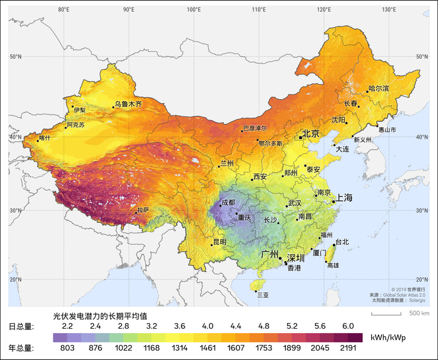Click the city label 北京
pyautogui.click(x=311, y=133)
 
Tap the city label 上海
pyautogui.click(x=344, y=197)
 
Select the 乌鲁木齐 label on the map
pyautogui.click(x=128, y=104)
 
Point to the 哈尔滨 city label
pyautogui.click(x=379, y=88)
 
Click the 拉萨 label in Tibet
pyautogui.click(x=143, y=209)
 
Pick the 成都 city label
pyautogui.click(x=228, y=202)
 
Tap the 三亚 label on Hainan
pyautogui.click(x=263, y=295)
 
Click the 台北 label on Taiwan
pyautogui.click(x=342, y=242)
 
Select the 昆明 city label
pyautogui.click(x=220, y=241)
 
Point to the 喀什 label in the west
pyautogui.click(x=44, y=138)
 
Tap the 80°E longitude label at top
pyautogui.click(x=63, y=9)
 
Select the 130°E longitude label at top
pyautogui.click(x=389, y=9)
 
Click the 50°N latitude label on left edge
pyautogui.click(x=16, y=57)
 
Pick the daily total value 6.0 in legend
pyautogui.click(x=349, y=326)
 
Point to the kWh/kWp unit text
pyautogui.click(x=388, y=338)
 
